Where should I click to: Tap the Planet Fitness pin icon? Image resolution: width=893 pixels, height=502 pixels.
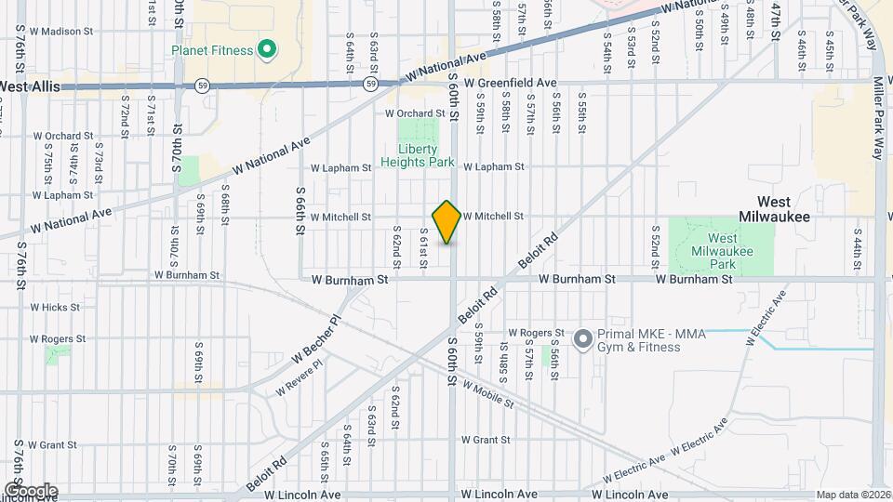(266, 49)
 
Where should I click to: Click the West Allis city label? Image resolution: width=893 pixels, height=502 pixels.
(30, 86)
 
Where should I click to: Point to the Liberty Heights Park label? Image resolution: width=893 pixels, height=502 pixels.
(425, 155)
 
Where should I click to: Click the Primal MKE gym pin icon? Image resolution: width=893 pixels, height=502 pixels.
(583, 339)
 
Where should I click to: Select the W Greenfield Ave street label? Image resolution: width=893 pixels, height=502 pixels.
(511, 83)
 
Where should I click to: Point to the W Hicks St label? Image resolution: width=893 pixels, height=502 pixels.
(55, 307)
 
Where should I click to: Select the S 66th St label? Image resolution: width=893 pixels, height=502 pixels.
(301, 210)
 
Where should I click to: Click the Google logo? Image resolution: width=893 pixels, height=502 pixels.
(31, 490)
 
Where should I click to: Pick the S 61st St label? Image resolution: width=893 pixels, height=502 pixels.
(423, 249)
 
